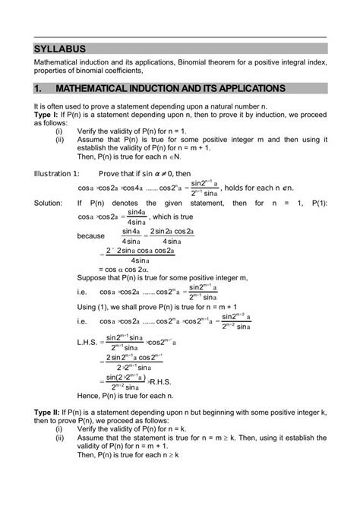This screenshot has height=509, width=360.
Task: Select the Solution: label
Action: coord(49,204)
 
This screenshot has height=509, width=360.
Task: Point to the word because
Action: coord(91,236)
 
